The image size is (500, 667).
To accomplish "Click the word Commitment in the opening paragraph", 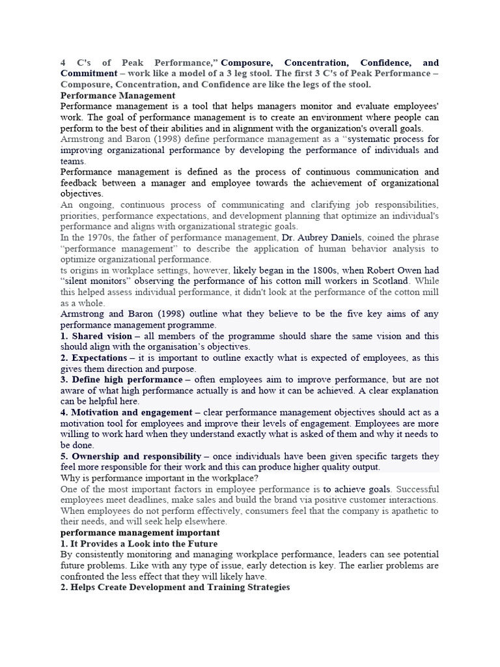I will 89,74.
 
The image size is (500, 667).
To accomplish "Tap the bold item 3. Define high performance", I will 121,379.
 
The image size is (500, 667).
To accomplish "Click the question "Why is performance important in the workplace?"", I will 160,478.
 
